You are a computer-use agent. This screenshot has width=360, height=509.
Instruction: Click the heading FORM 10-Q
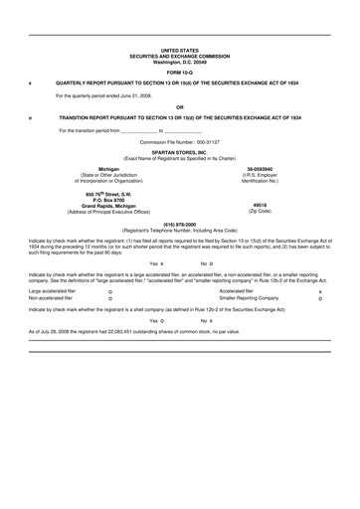click(x=179, y=74)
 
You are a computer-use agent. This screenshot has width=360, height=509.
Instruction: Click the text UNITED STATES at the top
click(x=179, y=49)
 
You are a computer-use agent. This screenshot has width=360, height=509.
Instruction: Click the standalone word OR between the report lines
click(x=179, y=106)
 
